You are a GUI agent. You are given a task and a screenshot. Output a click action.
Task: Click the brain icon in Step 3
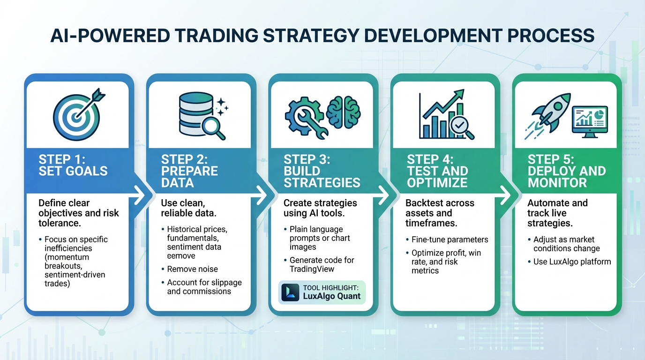pos(344,113)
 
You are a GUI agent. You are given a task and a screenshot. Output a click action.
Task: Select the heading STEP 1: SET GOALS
pos(73,165)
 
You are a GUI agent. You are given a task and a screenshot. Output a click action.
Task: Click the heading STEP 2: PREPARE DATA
pos(189,171)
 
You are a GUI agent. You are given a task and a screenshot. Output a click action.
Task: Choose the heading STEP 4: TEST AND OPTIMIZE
pos(437,171)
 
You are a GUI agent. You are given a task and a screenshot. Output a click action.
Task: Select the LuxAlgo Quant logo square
pos(290,292)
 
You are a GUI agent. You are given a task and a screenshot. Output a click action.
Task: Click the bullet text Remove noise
pos(192,269)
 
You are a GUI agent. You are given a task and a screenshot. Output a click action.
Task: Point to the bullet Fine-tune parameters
pos(450,240)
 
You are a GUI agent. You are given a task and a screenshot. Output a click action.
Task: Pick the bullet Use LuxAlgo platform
pos(572,262)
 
